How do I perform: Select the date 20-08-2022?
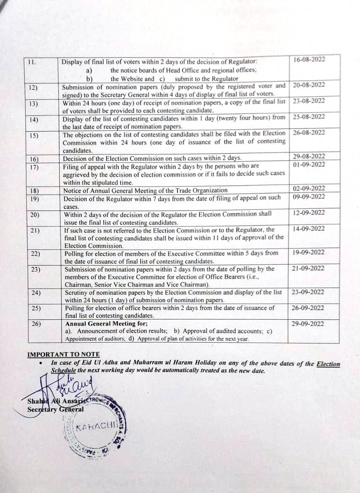coord(309,85)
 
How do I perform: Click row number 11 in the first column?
coord(32,62)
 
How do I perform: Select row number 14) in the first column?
coord(34,120)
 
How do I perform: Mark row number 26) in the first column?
coord(36,324)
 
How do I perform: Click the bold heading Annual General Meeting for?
coord(107,324)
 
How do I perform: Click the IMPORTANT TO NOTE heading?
coord(64,354)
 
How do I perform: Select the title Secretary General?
coord(53,409)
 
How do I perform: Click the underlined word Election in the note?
coord(328,364)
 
